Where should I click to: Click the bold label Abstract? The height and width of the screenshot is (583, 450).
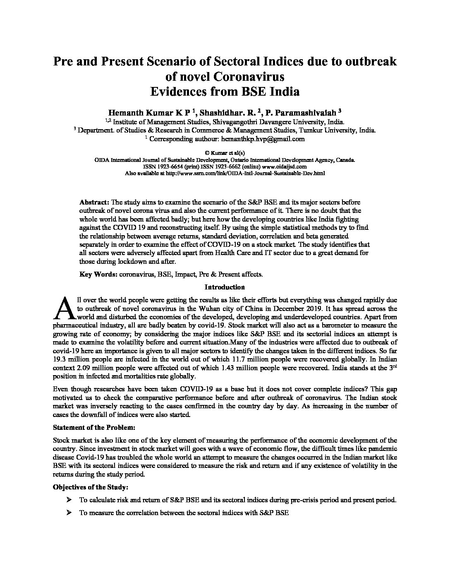click(94, 202)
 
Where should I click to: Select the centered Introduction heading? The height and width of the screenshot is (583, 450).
click(225, 287)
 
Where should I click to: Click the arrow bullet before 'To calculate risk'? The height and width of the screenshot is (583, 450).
click(68, 500)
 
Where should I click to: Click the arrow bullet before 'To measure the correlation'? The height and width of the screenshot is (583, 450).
click(68, 513)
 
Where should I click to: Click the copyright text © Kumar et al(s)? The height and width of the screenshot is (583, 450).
click(225, 152)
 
